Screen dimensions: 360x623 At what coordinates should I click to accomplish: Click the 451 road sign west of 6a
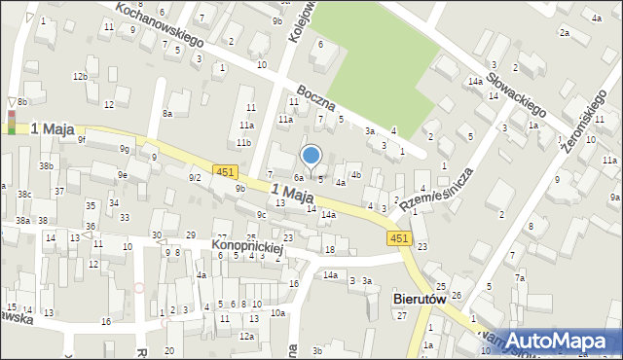(x=225, y=172)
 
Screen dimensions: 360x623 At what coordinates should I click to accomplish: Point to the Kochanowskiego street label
(x=158, y=24)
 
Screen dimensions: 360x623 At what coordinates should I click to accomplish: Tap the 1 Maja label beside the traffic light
(x=54, y=128)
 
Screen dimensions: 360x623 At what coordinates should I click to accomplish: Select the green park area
(x=380, y=58)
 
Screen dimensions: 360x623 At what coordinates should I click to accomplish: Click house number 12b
(x=80, y=76)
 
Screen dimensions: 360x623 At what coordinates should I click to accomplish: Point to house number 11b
(x=243, y=143)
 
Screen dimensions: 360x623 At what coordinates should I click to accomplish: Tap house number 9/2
(x=195, y=177)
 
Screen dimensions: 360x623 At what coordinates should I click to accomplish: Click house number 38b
(x=46, y=166)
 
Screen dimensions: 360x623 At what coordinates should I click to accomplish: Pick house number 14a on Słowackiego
(x=474, y=82)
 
